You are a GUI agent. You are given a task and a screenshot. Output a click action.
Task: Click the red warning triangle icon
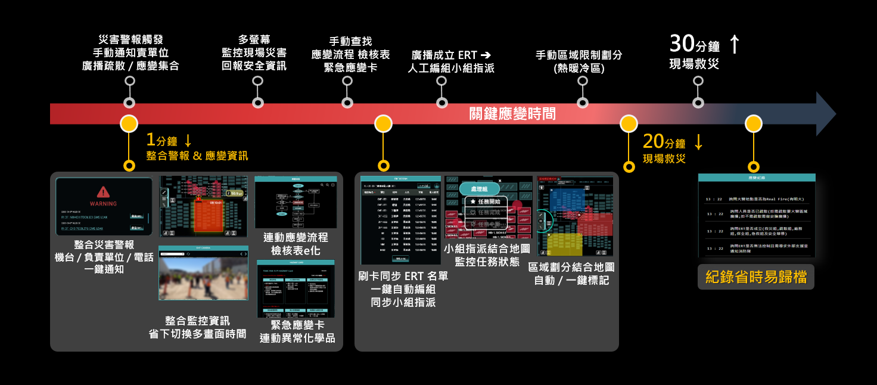pyautogui.click(x=104, y=191)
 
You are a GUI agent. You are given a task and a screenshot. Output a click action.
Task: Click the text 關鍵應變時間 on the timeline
pyautogui.click(x=512, y=113)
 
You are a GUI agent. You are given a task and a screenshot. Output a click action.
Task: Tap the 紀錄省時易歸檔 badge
pyautogui.click(x=756, y=277)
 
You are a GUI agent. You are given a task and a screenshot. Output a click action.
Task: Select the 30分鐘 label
pyautogui.click(x=695, y=44)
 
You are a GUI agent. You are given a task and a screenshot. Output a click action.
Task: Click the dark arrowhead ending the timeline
pyautogui.click(x=825, y=114)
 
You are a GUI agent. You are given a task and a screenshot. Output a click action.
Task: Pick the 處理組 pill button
pyautogui.click(x=479, y=188)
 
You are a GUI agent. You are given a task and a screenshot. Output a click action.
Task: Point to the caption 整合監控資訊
pyautogui.click(x=197, y=321)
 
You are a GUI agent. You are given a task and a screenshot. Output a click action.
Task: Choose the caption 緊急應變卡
pyautogui.click(x=297, y=325)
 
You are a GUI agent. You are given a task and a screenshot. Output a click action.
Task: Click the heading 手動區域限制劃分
pyautogui.click(x=579, y=55)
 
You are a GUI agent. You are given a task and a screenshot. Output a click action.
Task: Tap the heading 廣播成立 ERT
pyautogui.click(x=450, y=55)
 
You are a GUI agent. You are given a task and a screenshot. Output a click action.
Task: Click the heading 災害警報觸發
pyautogui.click(x=130, y=40)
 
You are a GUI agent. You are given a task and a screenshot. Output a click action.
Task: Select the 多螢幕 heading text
pyautogui.click(x=254, y=40)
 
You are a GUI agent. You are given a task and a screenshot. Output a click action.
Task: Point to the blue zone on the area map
pyautogui.click(x=564, y=201)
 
